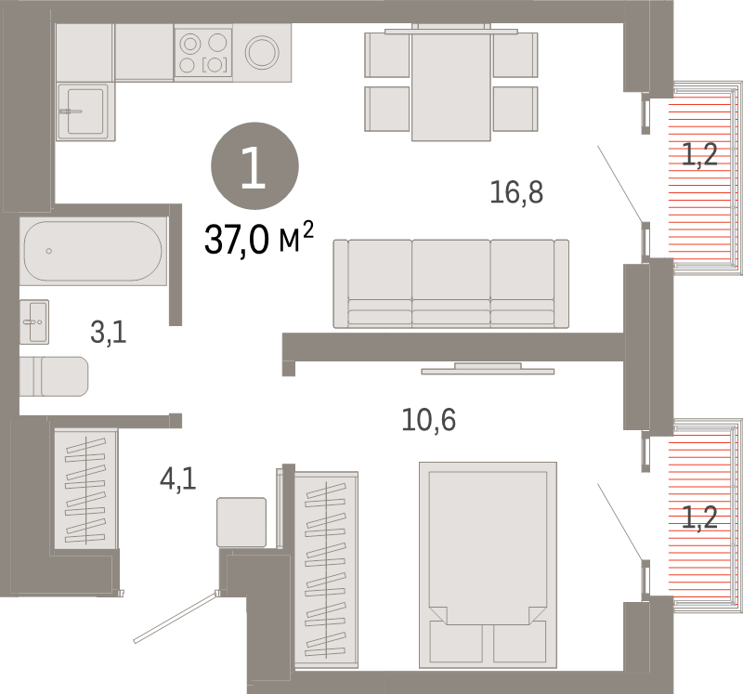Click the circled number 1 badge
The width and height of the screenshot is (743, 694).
[x=254, y=166]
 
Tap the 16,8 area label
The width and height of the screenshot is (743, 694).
[x=516, y=193]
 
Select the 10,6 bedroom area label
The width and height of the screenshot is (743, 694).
[x=428, y=420]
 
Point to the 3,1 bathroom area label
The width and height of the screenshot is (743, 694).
[x=108, y=332]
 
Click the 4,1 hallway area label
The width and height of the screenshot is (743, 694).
[x=177, y=480]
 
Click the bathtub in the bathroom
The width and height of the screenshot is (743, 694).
[x=93, y=251]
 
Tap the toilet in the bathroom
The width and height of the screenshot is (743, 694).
[x=55, y=376]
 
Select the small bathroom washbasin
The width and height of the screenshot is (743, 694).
[x=34, y=321]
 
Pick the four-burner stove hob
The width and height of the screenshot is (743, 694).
[x=203, y=52]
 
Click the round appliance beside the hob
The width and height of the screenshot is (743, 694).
[x=262, y=51]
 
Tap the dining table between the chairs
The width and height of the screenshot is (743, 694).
[x=450, y=84]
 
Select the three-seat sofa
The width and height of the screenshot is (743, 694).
[x=450, y=282]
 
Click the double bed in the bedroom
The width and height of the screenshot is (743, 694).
[x=488, y=565]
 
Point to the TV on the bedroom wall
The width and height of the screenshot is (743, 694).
[x=488, y=371]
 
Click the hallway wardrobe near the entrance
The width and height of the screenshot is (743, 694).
[x=85, y=488]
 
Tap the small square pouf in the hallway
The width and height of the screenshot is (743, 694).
[x=241, y=521]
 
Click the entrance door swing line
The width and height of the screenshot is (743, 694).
[x=176, y=616]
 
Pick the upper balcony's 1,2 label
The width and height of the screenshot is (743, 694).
[x=699, y=154]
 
